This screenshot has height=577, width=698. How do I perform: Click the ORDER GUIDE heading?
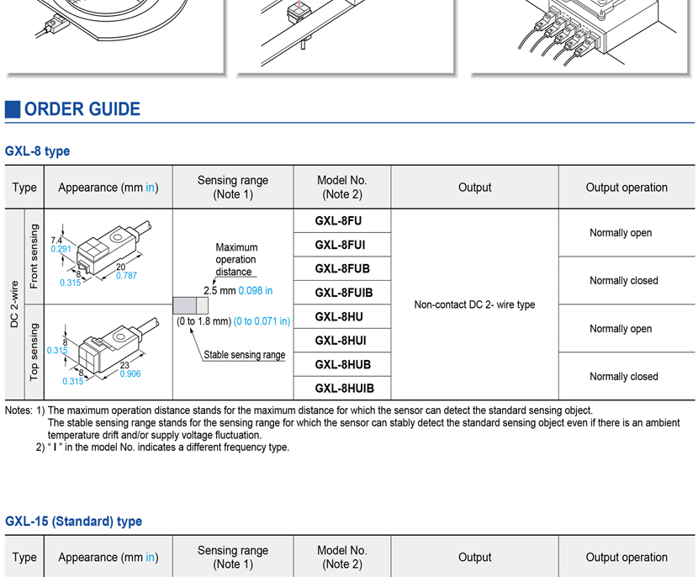pyautogui.click(x=82, y=109)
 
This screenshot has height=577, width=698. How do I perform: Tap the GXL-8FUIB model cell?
pyautogui.click(x=343, y=293)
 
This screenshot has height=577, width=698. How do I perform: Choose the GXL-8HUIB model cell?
pyautogui.click(x=343, y=389)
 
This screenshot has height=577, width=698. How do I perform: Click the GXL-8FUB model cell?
pyautogui.click(x=341, y=269)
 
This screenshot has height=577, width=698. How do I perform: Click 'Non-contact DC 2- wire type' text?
pyautogui.click(x=474, y=304)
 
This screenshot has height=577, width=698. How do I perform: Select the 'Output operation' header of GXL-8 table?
pyautogui.click(x=627, y=188)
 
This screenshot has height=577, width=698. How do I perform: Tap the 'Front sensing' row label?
pyautogui.click(x=34, y=257)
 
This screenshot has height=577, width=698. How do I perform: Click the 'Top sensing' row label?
pyautogui.click(x=34, y=352)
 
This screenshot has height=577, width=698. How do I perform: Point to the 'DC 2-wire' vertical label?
pyautogui.click(x=14, y=304)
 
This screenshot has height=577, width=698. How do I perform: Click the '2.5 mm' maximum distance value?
pyautogui.click(x=220, y=291)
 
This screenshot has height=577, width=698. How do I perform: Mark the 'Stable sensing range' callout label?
pyautogui.click(x=244, y=355)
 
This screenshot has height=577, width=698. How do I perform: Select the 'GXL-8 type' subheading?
pyautogui.click(x=37, y=151)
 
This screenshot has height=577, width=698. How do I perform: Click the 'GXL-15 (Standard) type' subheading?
pyautogui.click(x=73, y=521)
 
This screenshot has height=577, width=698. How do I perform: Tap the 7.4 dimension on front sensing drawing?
pyautogui.click(x=56, y=241)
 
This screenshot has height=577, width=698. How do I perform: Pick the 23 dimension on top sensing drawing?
pyautogui.click(x=124, y=365)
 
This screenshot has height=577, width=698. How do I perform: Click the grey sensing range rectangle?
pyautogui.click(x=190, y=306)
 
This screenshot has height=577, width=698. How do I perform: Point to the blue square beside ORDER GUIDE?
pyautogui.click(x=13, y=109)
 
